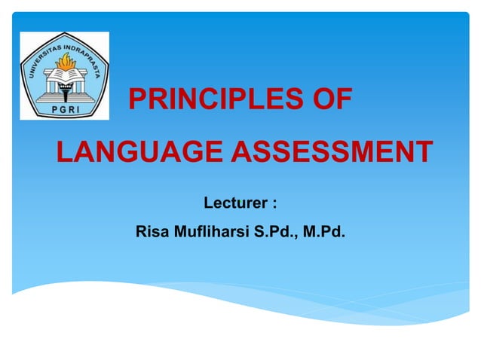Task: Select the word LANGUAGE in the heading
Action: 139,151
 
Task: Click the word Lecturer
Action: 235,203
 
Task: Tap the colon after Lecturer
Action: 274,203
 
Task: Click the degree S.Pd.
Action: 276,231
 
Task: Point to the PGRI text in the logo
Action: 64,109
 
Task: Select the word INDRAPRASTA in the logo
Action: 84,53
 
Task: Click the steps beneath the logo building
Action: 64,99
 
